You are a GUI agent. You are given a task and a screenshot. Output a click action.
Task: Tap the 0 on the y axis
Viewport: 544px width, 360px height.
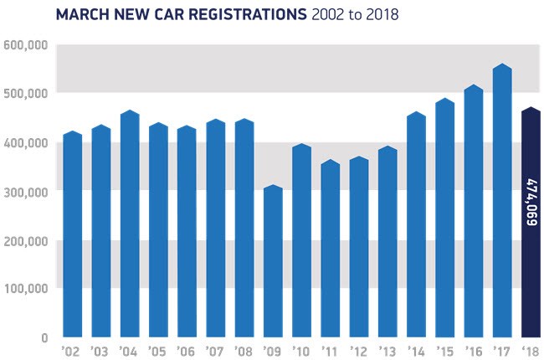[x=43, y=337]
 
